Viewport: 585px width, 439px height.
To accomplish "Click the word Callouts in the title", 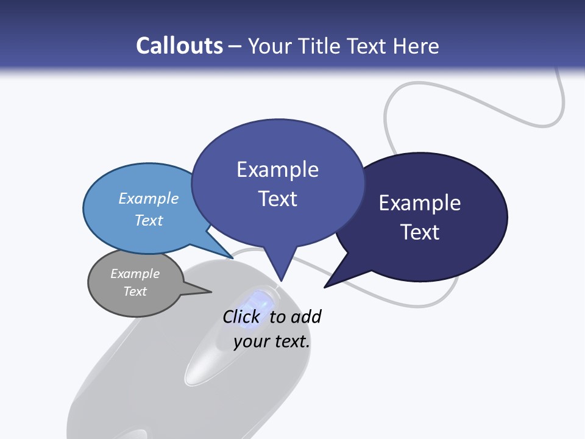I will pyautogui.click(x=180, y=46).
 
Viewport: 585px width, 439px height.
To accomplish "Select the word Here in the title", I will pyautogui.click(x=416, y=46).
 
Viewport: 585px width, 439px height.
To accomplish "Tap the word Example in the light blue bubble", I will pyautogui.click(x=149, y=198).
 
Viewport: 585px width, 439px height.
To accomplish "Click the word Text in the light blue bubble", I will pyautogui.click(x=149, y=220).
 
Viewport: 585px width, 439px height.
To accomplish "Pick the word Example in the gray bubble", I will pyautogui.click(x=135, y=274).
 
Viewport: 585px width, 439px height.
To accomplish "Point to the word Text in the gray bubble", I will pyautogui.click(x=135, y=291).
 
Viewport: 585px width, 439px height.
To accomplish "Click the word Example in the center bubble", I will pyautogui.click(x=277, y=170).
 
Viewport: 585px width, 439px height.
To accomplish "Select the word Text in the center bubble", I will pyautogui.click(x=277, y=199).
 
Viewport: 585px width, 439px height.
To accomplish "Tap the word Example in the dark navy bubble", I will pyautogui.click(x=420, y=203).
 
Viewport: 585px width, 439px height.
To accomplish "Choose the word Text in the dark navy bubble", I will pyautogui.click(x=420, y=232).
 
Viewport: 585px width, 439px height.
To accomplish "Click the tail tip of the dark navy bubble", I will pyautogui.click(x=326, y=286).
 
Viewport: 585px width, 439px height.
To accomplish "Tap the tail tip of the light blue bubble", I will pyautogui.click(x=232, y=257).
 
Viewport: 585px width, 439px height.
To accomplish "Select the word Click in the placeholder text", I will pyautogui.click(x=241, y=317).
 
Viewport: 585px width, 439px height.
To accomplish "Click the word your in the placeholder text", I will pyautogui.click(x=250, y=341).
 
